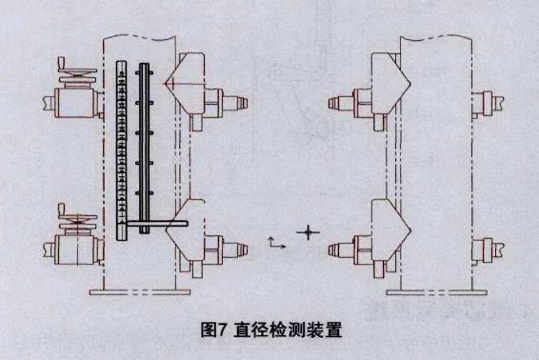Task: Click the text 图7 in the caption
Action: coord(216,330)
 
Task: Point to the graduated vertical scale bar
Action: coord(122,148)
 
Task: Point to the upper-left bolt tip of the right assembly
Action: coord(333,98)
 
